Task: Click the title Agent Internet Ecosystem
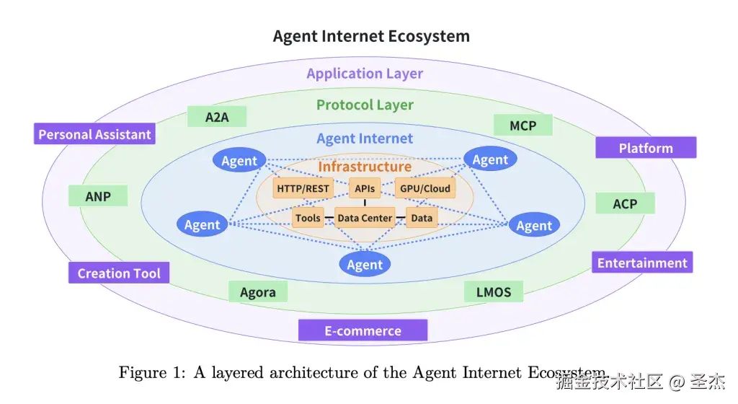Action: [x=371, y=36]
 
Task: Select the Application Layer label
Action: [x=365, y=74]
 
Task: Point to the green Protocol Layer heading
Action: [x=365, y=105]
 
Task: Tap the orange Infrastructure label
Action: [x=365, y=167]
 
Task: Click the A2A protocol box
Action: [x=217, y=117]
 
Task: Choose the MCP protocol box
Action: [x=523, y=126]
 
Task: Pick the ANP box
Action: [x=98, y=196]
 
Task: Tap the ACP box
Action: [x=625, y=203]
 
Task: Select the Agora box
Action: [x=258, y=292]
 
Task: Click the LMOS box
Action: [x=494, y=292]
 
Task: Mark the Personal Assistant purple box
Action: [x=94, y=134]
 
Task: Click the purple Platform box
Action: [x=646, y=148]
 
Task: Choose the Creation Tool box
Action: [x=119, y=273]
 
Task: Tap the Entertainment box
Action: [x=642, y=263]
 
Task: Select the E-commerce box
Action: [x=363, y=331]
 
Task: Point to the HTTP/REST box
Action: [x=303, y=189]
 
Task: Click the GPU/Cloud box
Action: [x=425, y=189]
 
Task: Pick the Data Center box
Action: [x=365, y=218]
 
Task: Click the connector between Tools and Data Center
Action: [x=329, y=218]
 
